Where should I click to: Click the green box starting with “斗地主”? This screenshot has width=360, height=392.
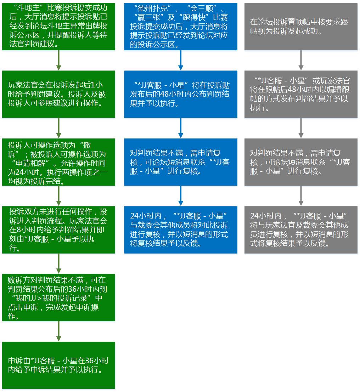[x=58, y=27]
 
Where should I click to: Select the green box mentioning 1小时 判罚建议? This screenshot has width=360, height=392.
[x=58, y=94]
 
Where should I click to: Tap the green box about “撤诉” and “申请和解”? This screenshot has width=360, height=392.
[x=58, y=162]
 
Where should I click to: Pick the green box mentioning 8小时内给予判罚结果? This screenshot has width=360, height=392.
[x=58, y=230]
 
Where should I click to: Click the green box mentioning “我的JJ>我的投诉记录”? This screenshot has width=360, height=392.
[x=58, y=297]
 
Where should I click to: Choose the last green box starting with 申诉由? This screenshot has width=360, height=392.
[x=58, y=365]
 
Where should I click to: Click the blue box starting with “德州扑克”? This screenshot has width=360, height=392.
[x=181, y=27]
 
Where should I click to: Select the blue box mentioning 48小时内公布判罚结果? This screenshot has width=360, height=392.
[x=181, y=94]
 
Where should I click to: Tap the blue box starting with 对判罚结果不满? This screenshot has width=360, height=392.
[x=181, y=162]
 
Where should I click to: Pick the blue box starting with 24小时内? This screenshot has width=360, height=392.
[x=181, y=230]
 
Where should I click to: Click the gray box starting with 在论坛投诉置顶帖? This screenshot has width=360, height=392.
[x=301, y=27]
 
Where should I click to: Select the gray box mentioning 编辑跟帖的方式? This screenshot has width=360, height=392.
[x=301, y=94]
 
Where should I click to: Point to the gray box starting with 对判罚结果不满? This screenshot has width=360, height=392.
[x=301, y=162]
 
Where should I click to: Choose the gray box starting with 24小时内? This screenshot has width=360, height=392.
[x=301, y=230]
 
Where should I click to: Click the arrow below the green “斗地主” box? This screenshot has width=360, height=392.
[x=58, y=60]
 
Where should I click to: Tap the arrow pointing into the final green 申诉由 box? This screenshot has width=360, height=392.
[x=58, y=331]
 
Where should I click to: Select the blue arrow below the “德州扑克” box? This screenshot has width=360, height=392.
[x=181, y=60]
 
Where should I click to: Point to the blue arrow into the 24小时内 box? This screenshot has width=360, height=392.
[x=181, y=196]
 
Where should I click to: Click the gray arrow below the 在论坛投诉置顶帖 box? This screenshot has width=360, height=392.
[x=301, y=60]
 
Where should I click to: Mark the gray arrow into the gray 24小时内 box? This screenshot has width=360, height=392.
[x=301, y=196]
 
